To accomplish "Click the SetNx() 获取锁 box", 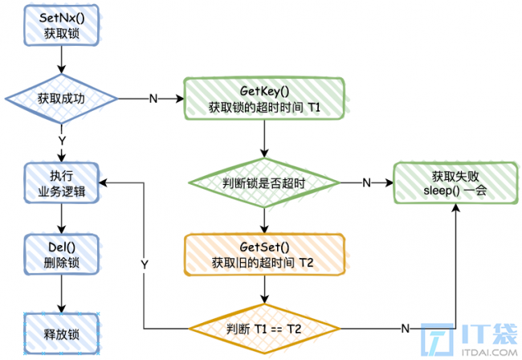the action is (x=61, y=25).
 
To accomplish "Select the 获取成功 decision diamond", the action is (x=61, y=99).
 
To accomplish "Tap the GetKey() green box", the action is (x=264, y=99).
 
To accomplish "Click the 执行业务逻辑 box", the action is (x=61, y=183).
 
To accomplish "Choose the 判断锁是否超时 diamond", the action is (x=264, y=183).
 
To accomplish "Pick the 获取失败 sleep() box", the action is (x=455, y=183).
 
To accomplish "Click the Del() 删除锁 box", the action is (x=61, y=255).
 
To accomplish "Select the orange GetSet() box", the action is (x=264, y=255).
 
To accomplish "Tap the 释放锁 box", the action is (x=61, y=333).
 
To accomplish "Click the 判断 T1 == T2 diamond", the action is (x=264, y=329).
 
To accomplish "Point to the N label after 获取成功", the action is (x=153, y=99).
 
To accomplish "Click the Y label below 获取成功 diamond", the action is (x=62, y=141).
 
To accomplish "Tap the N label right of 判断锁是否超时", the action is (x=366, y=183).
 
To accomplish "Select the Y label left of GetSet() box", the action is (x=144, y=264).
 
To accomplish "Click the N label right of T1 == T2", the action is (x=405, y=329).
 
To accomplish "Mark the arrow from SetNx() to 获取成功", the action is (x=61, y=59).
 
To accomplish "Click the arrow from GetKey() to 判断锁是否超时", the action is (x=264, y=138).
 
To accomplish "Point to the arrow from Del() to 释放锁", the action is (x=61, y=294).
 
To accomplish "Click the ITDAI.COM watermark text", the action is (x=489, y=352).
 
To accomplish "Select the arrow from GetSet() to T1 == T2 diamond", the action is (x=264, y=290).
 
